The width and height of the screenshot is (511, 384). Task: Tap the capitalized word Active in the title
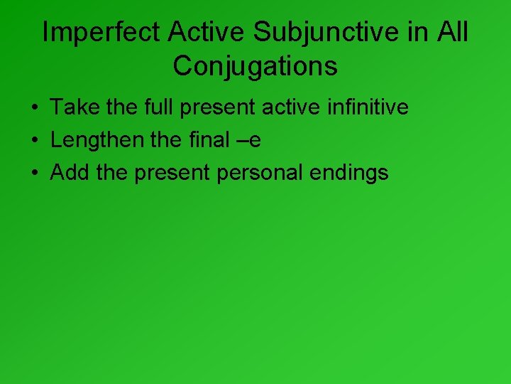208,33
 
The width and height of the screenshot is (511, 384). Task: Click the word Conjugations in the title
255,66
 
